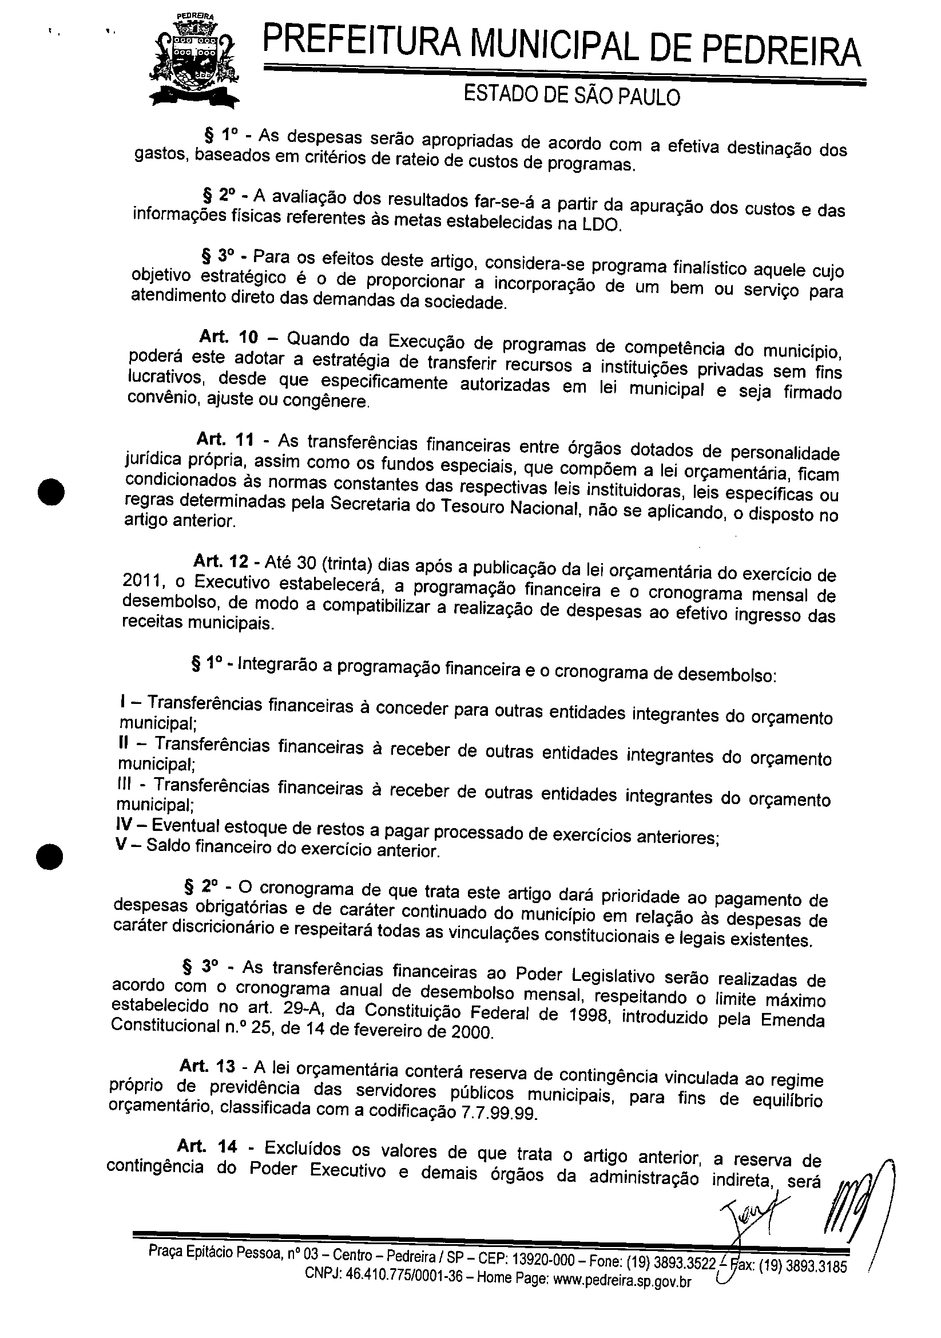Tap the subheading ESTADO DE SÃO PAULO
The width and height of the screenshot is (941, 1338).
point(571,96)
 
